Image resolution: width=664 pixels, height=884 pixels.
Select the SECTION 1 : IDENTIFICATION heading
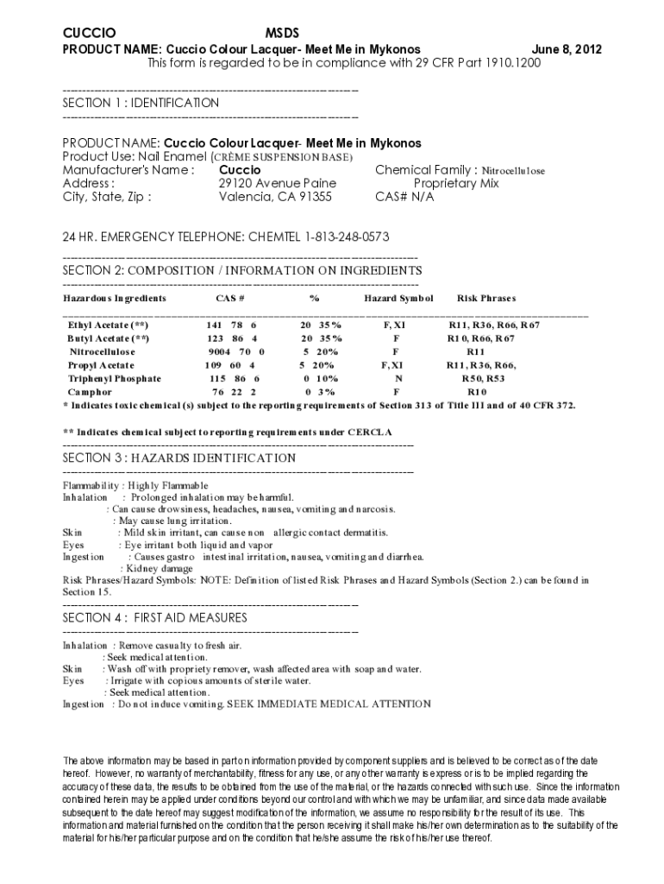[x=141, y=103]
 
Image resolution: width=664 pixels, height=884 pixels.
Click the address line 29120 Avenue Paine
[x=277, y=183]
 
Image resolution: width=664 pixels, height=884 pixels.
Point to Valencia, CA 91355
[x=275, y=197]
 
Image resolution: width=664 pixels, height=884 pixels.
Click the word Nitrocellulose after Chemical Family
[x=513, y=171]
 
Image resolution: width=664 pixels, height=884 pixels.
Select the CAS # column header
[x=230, y=299]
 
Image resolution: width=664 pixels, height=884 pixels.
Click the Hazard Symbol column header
[x=398, y=299]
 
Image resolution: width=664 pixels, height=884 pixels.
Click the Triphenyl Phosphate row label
[x=115, y=379]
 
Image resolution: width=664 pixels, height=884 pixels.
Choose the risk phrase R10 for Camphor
[x=477, y=393]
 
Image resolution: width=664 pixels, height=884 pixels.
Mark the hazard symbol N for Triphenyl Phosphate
[x=398, y=379]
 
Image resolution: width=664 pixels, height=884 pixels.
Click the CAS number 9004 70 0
[x=235, y=352]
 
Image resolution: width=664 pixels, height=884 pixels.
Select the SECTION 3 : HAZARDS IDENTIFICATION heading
[x=179, y=458]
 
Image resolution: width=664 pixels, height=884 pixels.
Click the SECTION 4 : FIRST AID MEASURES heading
[x=155, y=618]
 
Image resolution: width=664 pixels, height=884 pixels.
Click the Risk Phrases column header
[x=486, y=299]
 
